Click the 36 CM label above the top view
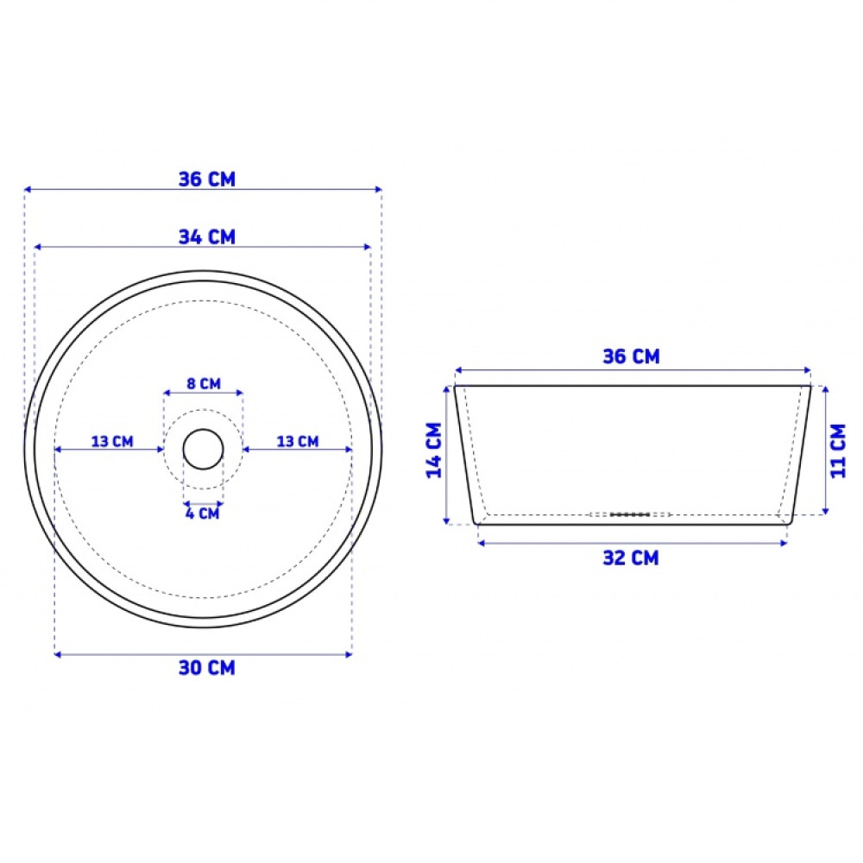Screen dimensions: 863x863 point(207,180)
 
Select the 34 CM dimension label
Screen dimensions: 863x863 point(207,237)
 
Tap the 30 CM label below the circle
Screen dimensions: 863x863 point(207,668)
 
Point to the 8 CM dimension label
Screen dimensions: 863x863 point(204,384)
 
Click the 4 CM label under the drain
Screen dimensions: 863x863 point(203,513)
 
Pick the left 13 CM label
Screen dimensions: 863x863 point(112,441)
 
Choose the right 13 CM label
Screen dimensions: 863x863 point(298,441)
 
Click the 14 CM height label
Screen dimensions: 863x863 point(435,450)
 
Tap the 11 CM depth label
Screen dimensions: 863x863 point(838,450)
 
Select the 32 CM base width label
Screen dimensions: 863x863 point(631,558)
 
